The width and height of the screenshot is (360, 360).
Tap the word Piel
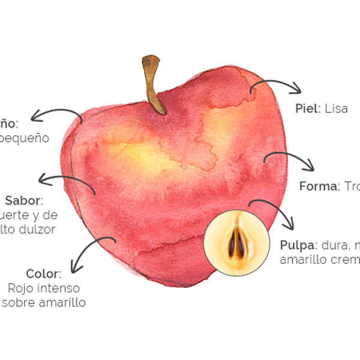coord(308,109)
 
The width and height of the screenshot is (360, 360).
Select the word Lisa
coord(336,109)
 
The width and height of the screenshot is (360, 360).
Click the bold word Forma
coord(319,186)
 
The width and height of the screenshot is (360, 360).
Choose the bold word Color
coord(44,274)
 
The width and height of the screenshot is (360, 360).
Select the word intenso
coord(58,288)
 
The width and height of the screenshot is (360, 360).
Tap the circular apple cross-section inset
coord(234,242)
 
